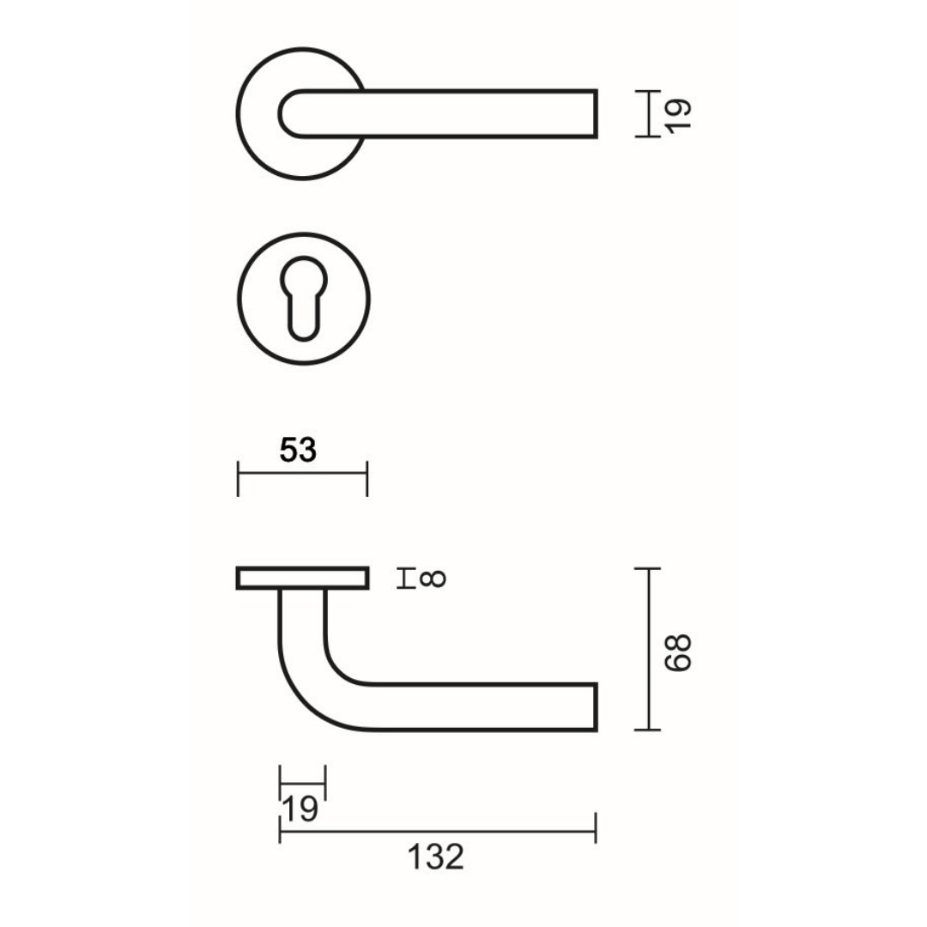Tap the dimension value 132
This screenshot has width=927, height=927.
coord(435,857)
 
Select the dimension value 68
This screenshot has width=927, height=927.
coord(677,652)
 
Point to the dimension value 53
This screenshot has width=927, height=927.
coord(299,451)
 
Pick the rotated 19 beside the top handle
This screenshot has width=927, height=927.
coord(677,113)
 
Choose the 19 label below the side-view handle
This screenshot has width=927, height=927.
coord(299,809)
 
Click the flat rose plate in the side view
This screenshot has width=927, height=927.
coord(302,579)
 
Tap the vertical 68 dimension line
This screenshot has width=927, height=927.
coord(649,649)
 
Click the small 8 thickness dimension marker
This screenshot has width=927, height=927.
coord(403,579)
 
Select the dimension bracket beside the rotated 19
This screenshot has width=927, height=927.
coord(650,113)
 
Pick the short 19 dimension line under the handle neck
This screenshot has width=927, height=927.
coord(302,783)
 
